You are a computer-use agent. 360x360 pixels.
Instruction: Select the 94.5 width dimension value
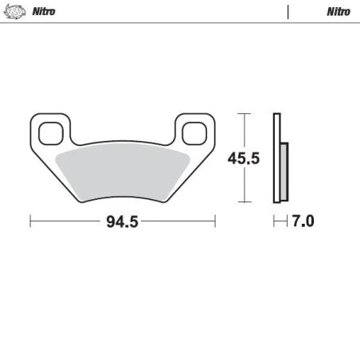click(x=123, y=222)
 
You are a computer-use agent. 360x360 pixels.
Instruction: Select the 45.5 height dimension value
click(x=245, y=158)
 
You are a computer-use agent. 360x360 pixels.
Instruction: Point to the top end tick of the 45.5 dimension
click(x=245, y=115)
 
